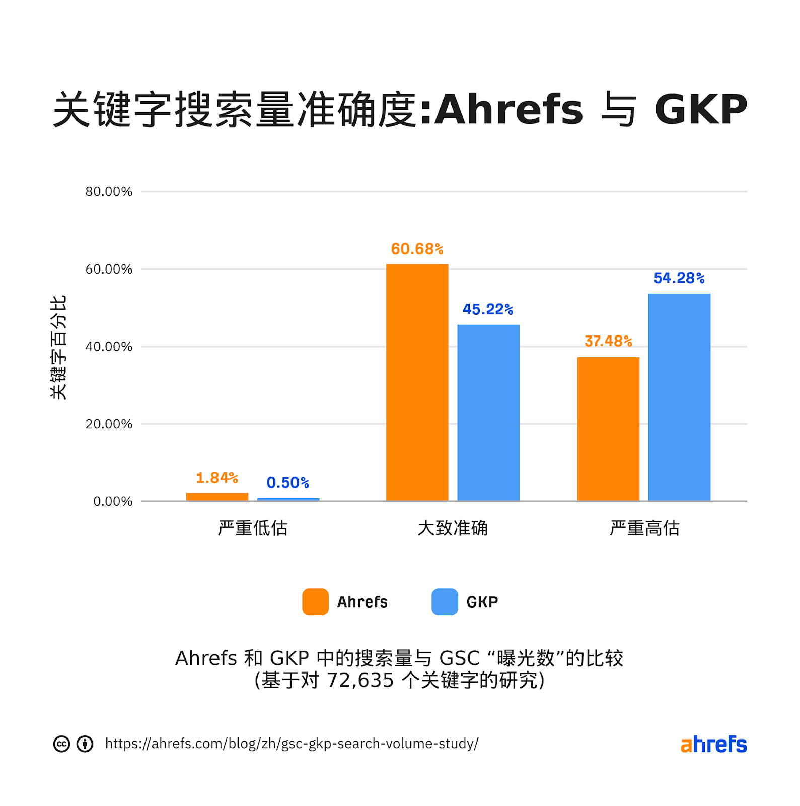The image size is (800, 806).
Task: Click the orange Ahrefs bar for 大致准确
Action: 417,383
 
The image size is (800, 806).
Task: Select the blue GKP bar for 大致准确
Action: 488,413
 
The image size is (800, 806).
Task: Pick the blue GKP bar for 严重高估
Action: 679,397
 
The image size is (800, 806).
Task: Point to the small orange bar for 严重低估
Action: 217,497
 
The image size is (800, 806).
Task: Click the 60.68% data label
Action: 417,249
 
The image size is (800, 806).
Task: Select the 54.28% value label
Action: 679,278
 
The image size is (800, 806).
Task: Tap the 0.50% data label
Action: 287,483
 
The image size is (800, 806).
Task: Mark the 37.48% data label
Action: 608,341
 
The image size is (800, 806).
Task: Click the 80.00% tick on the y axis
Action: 109,192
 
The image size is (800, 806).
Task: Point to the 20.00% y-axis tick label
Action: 109,424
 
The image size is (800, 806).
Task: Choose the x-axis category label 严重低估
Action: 252,528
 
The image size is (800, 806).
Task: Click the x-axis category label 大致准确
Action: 452,528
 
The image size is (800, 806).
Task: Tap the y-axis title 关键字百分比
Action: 58,348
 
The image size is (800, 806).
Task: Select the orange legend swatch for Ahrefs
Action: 315,601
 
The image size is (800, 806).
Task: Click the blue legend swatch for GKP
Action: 445,601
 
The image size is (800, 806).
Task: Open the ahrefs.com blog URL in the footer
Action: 292,744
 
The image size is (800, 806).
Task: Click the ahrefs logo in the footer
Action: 713,744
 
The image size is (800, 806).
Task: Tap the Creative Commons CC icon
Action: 61,744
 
